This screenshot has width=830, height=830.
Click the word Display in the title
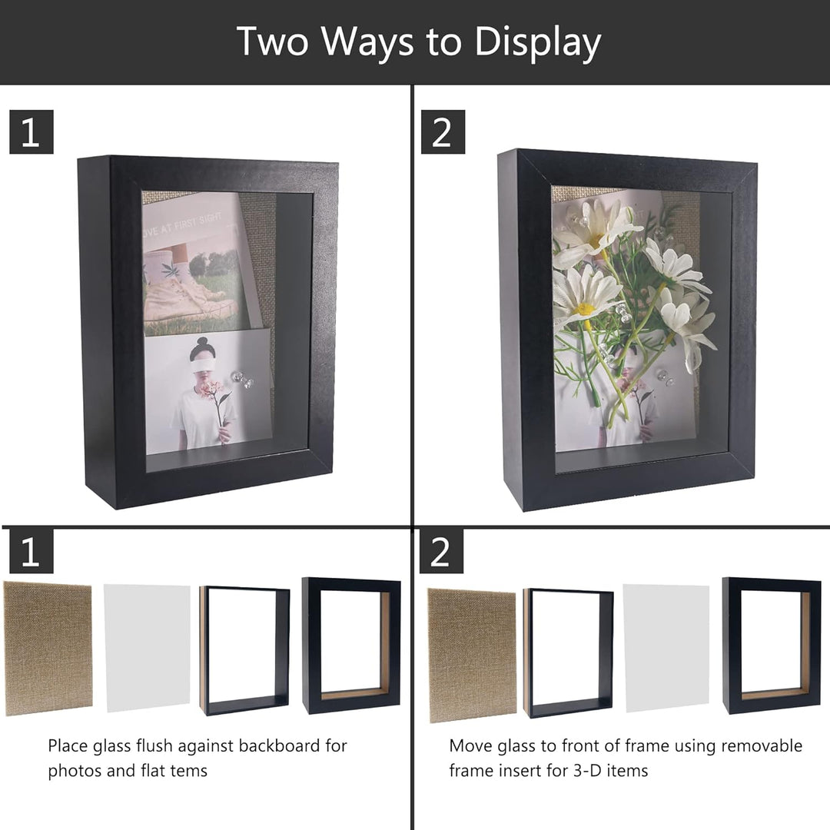coord(537,42)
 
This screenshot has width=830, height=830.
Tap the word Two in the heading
coord(272,41)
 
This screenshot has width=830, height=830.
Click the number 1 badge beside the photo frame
coord(32,132)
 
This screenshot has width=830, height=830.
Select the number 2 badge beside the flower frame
coord(443,132)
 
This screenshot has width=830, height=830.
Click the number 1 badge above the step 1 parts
coord(32,551)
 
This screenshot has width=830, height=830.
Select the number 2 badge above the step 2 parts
coord(441,551)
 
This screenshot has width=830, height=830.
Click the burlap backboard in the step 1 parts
coord(48,649)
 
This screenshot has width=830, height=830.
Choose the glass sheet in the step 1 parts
coord(147,648)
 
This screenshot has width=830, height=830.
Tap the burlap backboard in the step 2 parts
coord(472,655)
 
